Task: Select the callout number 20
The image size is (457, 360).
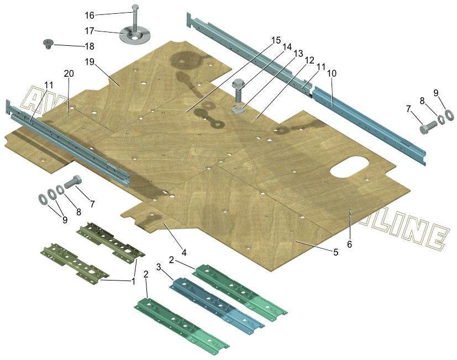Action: click(x=69, y=73)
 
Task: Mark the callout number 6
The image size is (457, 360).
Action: click(x=349, y=243)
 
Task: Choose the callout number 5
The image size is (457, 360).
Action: click(x=335, y=252)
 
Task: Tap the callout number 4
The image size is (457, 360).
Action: click(x=184, y=252)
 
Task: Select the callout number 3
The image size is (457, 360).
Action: click(x=159, y=267)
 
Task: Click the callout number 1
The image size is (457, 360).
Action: click(x=133, y=281)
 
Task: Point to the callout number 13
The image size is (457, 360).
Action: click(x=298, y=53)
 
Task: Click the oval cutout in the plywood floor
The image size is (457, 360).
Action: click(x=350, y=167)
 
